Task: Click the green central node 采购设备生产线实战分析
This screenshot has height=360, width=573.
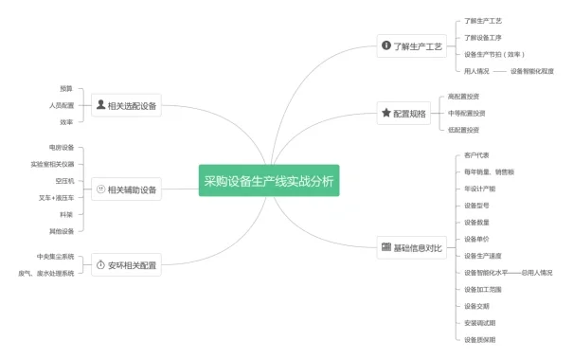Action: [269, 181]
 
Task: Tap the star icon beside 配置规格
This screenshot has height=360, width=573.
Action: [385, 113]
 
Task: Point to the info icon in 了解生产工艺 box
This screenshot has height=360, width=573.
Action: [385, 45]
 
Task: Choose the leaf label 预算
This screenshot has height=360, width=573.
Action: [66, 87]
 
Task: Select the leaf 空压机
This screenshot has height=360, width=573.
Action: [64, 180]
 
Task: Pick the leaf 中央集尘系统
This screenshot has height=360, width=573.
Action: [55, 257]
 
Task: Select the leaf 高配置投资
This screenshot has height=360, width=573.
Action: [463, 96]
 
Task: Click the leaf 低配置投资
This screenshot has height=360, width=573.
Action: [463, 130]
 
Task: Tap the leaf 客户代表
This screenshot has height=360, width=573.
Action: [476, 154]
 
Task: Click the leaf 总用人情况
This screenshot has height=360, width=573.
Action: [536, 273]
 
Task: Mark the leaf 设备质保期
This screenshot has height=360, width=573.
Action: [479, 339]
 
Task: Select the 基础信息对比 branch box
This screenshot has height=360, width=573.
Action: [411, 248]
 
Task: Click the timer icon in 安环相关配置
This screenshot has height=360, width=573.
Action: [100, 265]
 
